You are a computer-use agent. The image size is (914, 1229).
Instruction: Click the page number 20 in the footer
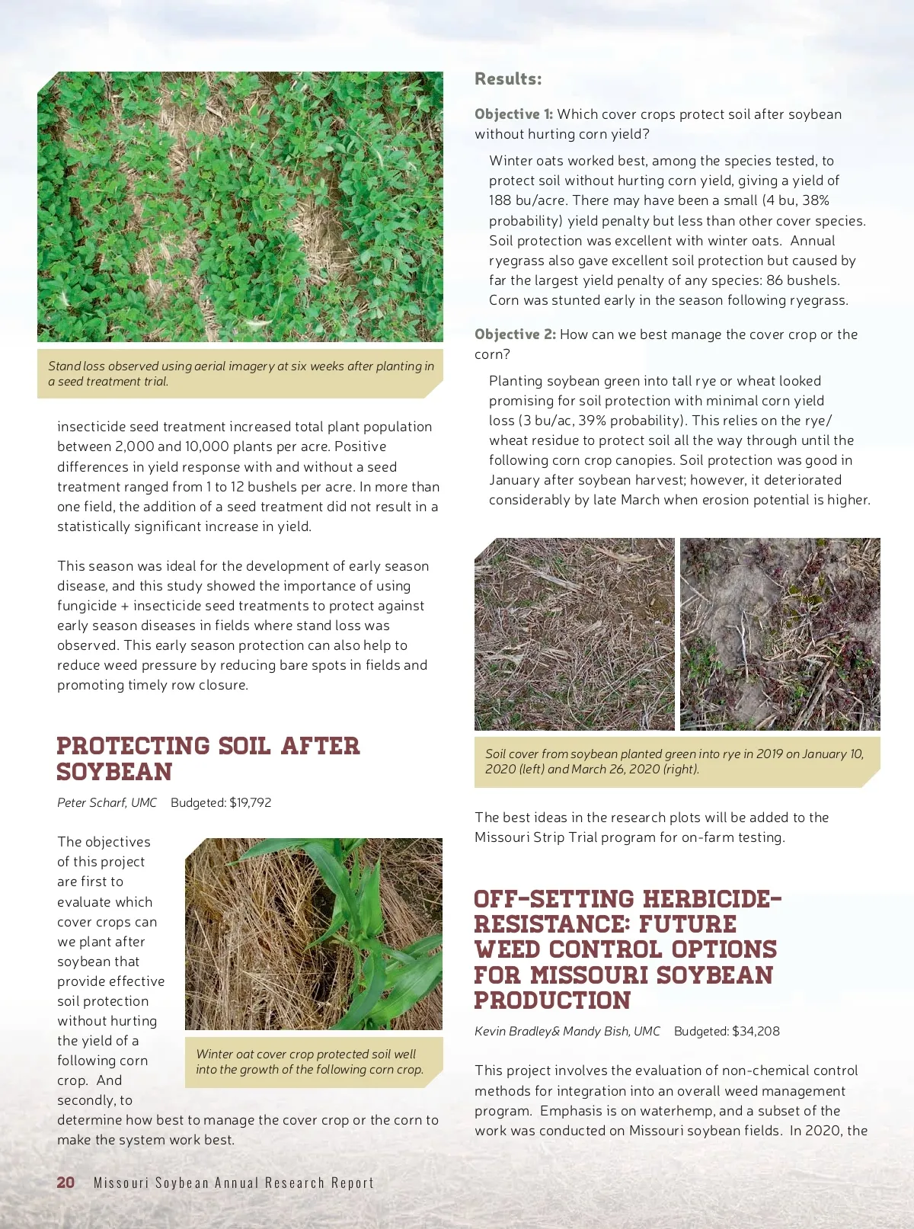(x=66, y=1182)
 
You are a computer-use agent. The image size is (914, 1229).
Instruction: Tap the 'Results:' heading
(x=508, y=78)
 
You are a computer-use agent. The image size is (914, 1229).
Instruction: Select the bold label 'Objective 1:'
(x=513, y=114)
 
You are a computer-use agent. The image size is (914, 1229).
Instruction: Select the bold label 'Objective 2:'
(x=515, y=334)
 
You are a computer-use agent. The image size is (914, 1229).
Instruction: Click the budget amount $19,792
(x=250, y=802)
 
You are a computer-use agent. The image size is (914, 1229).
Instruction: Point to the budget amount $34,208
(x=756, y=1031)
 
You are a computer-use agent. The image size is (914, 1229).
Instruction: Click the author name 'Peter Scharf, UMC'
(x=107, y=802)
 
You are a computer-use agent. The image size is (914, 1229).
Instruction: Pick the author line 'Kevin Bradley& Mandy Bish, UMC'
(x=567, y=1031)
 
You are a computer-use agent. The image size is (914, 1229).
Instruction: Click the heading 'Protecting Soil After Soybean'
(x=207, y=758)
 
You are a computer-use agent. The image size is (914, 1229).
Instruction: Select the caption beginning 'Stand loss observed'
(x=240, y=373)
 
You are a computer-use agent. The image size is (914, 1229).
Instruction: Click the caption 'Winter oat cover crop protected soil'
(x=309, y=1061)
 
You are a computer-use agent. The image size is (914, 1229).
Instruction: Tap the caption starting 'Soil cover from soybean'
(x=674, y=761)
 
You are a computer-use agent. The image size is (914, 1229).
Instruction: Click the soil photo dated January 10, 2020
(x=574, y=634)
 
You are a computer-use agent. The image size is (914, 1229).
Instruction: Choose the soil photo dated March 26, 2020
(x=780, y=634)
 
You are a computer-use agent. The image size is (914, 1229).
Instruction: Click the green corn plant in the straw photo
(x=358, y=930)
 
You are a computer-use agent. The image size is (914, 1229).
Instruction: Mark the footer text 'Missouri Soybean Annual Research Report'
(x=234, y=1183)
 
